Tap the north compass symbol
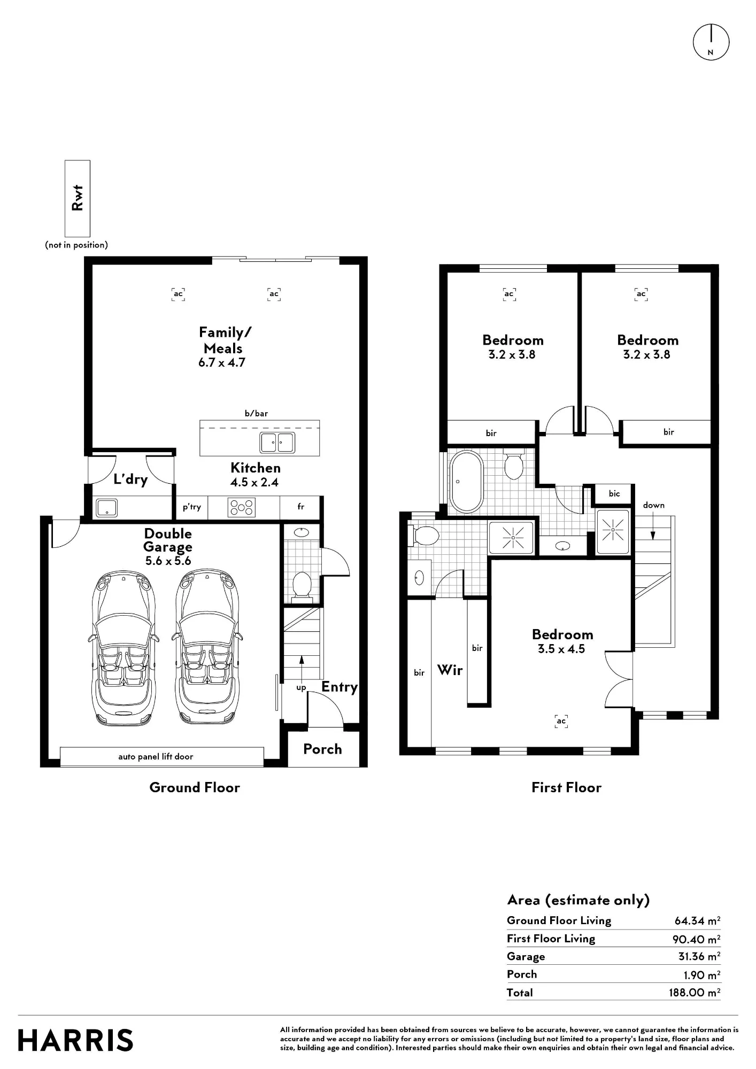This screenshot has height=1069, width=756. (711, 42)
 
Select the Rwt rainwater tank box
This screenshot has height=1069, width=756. (78, 198)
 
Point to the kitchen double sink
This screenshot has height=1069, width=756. (277, 443)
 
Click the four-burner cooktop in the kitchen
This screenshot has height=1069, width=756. (242, 507)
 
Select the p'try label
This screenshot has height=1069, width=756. (192, 507)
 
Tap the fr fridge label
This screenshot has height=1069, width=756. (301, 507)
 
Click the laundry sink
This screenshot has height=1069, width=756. (107, 508)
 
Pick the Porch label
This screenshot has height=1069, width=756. (322, 749)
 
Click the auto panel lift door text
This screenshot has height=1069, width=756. (156, 756)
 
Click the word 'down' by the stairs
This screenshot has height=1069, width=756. (654, 505)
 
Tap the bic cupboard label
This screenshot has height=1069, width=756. (614, 493)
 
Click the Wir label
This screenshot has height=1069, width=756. (450, 670)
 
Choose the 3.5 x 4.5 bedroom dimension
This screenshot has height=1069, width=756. (561, 649)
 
